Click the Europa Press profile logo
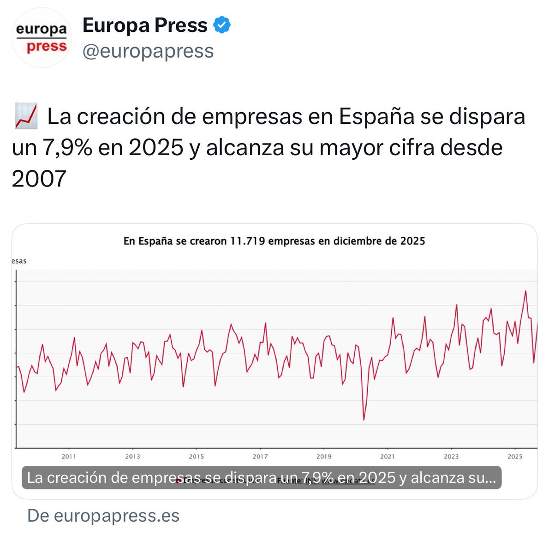pos(42,38)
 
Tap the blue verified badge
pos(222,25)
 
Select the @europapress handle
pos(148,51)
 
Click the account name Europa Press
pos(145,25)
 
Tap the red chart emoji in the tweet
pos(26,117)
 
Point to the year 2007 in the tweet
pos(39,179)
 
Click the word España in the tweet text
pos(376,117)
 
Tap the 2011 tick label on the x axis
pos(69,457)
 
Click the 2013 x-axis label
pos(132,457)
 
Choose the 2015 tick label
pos(196,457)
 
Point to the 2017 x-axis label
pos(260,457)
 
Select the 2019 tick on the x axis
pos(324,457)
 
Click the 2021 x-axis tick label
pos(388,457)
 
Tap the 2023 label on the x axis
pos(451,457)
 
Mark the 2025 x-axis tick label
pos(515,457)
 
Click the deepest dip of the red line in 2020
pos(364,420)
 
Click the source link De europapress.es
pos(103,516)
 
